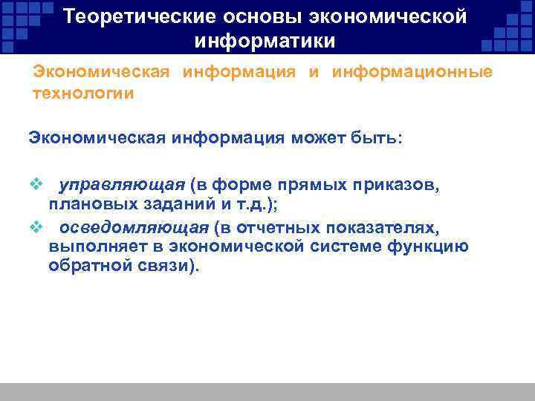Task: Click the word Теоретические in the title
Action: pyautogui.click(x=133, y=16)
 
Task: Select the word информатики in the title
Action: pyautogui.click(x=265, y=39)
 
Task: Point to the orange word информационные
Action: pyautogui.click(x=412, y=73)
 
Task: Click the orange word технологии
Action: pyautogui.click(x=84, y=94)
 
